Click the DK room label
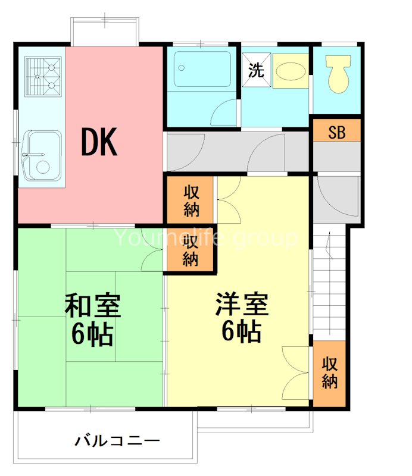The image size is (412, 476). (x=100, y=142)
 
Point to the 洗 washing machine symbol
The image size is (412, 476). (x=256, y=70)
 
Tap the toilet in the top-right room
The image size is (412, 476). (x=338, y=74)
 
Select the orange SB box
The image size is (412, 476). (x=337, y=132)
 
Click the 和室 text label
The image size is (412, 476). (x=93, y=307)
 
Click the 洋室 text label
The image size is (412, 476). (x=242, y=305)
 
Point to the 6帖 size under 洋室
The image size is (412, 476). (x=242, y=332)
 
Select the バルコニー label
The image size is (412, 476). (x=117, y=441)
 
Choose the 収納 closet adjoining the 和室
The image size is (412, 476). (x=190, y=250)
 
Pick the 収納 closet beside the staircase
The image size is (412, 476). (x=329, y=373)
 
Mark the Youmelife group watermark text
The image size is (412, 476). (x=205, y=239)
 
